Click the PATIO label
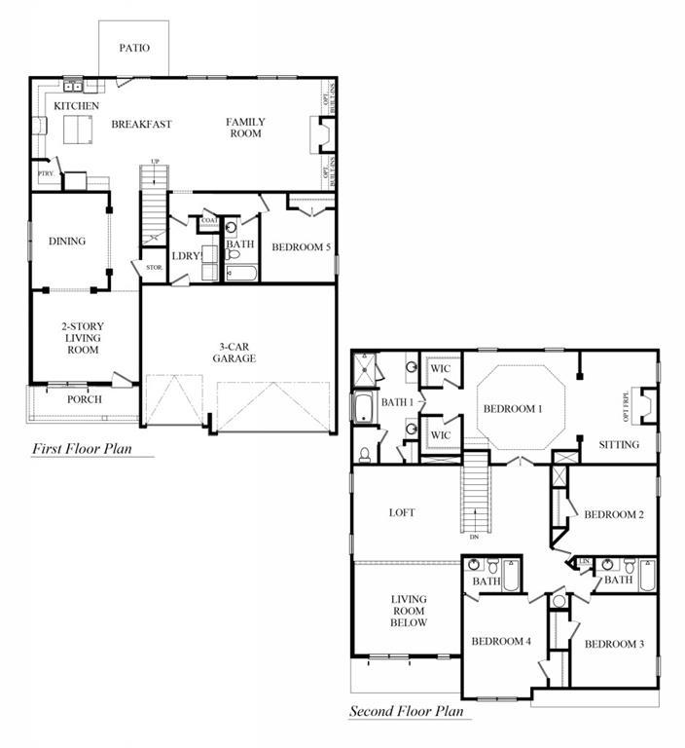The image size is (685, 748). pyautogui.click(x=134, y=48)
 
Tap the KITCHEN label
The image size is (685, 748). pyautogui.click(x=76, y=105)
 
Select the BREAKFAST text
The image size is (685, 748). pyautogui.click(x=141, y=124)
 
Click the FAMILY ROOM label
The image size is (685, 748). pyautogui.click(x=245, y=128)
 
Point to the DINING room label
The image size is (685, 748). pyautogui.click(x=67, y=242)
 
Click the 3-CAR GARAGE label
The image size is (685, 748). pyautogui.click(x=234, y=352)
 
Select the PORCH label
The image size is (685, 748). pyautogui.click(x=85, y=399)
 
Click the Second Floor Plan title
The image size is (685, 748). pyautogui.click(x=410, y=712)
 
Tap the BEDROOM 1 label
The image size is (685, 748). pyautogui.click(x=513, y=409)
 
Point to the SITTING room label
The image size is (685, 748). pyautogui.click(x=619, y=444)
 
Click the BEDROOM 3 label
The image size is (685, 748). pyautogui.click(x=614, y=644)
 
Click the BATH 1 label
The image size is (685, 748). pyautogui.click(x=397, y=401)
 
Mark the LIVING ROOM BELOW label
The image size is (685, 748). pyautogui.click(x=409, y=611)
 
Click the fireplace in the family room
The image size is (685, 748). pyautogui.click(x=317, y=134)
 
